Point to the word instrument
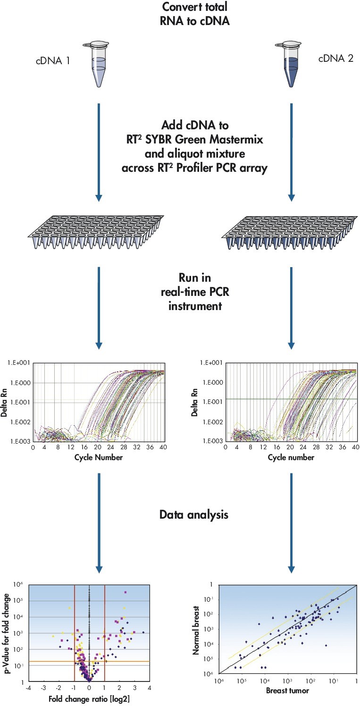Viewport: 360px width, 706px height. (195, 307)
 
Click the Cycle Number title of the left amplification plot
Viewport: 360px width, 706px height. (99, 457)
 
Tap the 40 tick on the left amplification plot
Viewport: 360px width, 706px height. (162, 447)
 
